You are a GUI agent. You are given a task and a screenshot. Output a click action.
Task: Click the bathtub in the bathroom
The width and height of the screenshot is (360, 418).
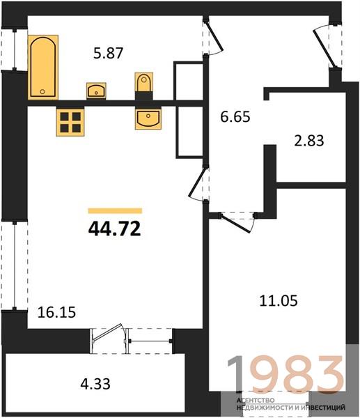click(x=43, y=67)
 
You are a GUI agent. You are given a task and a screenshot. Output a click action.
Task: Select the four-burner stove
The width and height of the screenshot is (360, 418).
click(x=70, y=123)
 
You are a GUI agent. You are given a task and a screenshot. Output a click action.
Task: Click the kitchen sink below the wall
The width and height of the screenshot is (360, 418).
click(x=148, y=118)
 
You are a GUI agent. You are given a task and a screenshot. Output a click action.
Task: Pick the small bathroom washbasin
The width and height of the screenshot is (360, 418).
click(x=96, y=91)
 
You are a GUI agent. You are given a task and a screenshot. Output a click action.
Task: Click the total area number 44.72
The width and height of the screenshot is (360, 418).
click(x=114, y=229)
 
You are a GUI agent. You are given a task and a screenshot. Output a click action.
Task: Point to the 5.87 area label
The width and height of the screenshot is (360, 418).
click(x=108, y=53)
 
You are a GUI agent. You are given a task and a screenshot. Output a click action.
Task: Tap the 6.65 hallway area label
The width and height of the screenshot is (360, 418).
click(x=235, y=117)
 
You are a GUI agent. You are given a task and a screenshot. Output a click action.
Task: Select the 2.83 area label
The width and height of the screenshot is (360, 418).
click(x=309, y=141)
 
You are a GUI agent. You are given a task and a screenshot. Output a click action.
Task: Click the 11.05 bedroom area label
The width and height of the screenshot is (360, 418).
click(x=279, y=301)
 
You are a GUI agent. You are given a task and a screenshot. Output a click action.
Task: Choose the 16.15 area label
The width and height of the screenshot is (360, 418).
click(x=57, y=312)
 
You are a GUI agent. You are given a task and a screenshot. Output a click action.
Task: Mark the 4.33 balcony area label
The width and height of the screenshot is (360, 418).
click(x=95, y=384)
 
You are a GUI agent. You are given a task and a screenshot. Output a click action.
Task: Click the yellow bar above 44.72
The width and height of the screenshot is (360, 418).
click(x=115, y=211)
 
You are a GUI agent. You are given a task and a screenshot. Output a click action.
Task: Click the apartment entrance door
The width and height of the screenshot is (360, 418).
click(x=323, y=48)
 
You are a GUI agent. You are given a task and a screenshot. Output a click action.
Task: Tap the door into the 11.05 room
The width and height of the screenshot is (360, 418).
click(x=235, y=223)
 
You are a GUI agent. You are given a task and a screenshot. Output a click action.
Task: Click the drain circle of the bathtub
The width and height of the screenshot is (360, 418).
click(x=42, y=92)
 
